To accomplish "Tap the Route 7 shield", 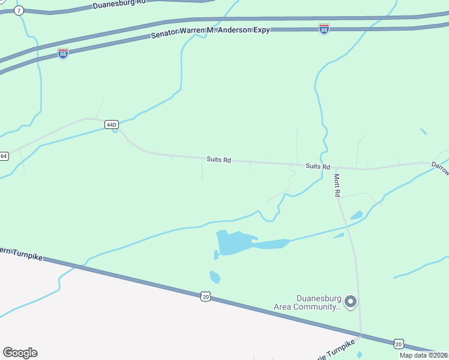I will coord(19,11).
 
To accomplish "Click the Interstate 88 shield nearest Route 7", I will coord(63,53).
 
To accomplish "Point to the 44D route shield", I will coord(111,124).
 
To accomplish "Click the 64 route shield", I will coord(4,156).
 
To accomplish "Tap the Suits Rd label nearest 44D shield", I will coord(218,160).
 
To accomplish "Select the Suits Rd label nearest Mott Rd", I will coord(318,166).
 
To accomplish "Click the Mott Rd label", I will coord(337,185).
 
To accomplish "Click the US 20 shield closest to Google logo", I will coord(206,296).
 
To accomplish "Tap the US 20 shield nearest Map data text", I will coord(399,343).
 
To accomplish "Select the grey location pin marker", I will coord(351,302).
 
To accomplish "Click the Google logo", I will coord(20,353).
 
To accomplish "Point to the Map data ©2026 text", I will coord(423,355).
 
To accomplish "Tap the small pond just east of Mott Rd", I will coord(357,215).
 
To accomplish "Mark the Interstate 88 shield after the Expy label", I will coord(324,29).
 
